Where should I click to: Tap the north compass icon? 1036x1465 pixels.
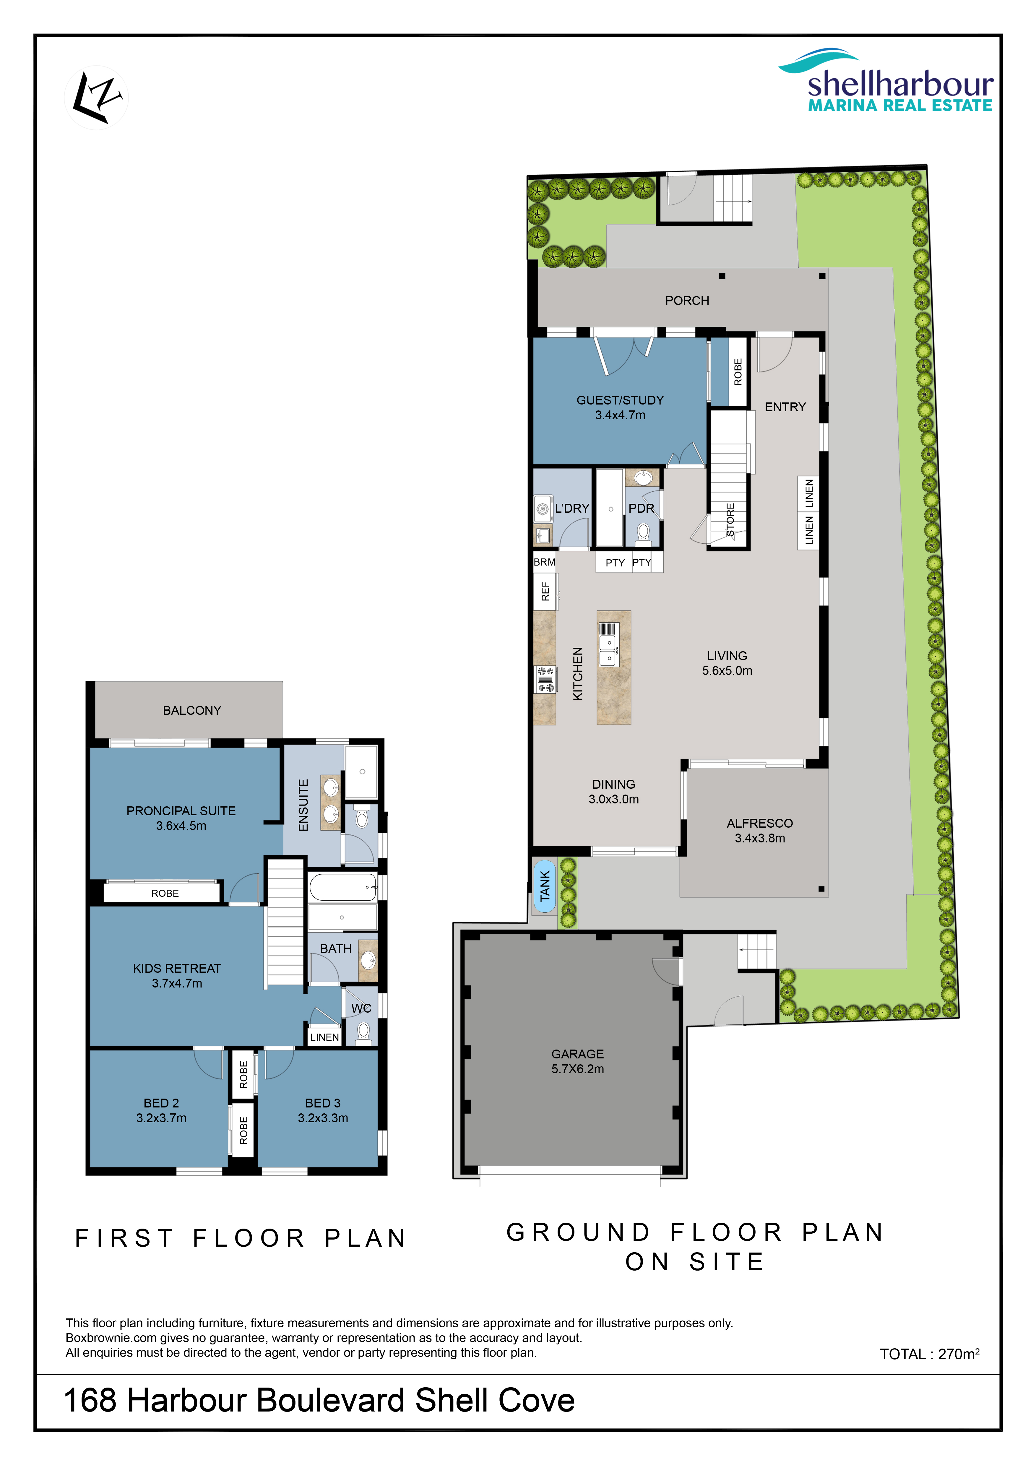96,98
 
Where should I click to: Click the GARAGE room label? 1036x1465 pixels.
577,1054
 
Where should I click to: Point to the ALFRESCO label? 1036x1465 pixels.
760,823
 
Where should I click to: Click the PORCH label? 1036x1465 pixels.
687,301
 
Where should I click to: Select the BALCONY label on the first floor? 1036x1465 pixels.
192,710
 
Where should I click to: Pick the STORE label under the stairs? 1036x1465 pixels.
730,519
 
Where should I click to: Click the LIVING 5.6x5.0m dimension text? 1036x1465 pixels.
727,671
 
